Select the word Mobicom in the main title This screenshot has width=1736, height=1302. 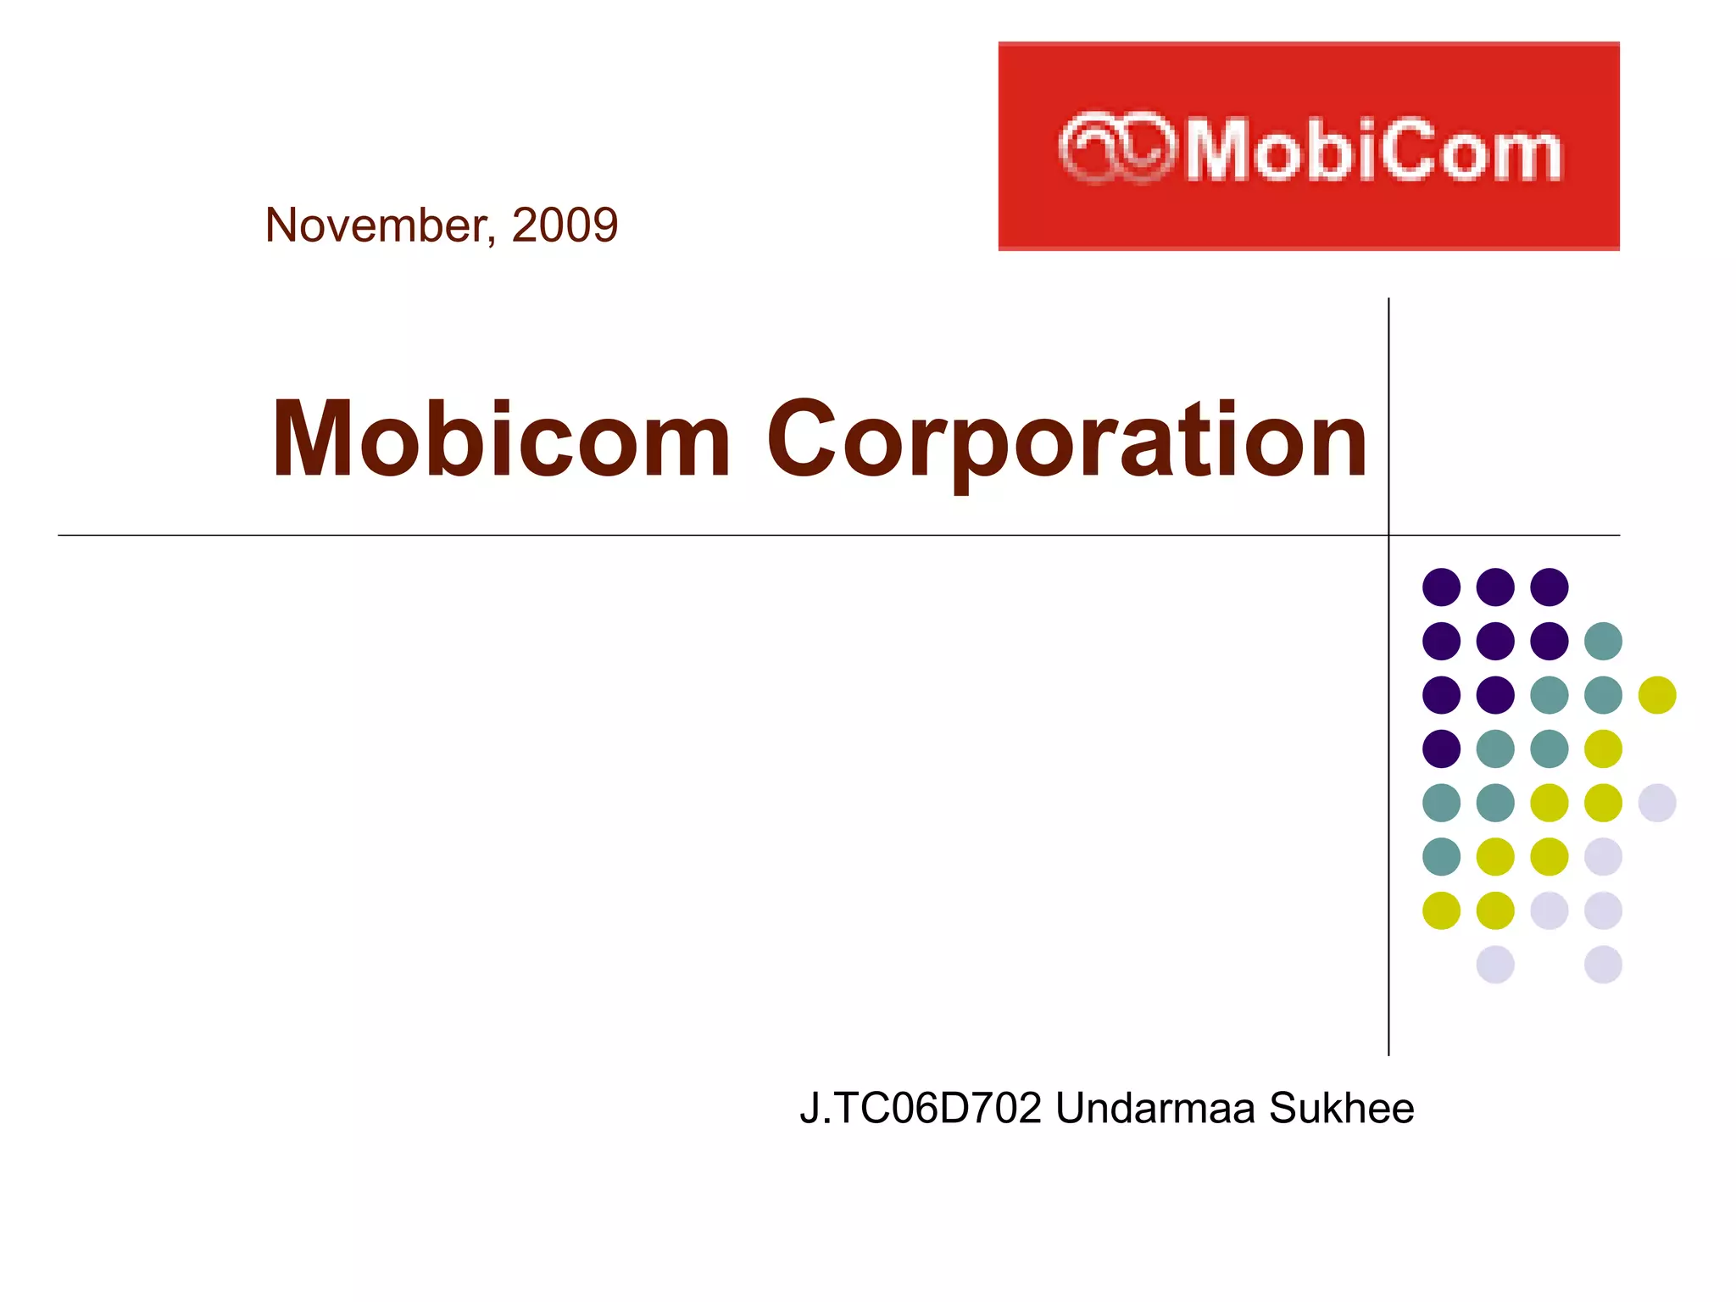(x=500, y=441)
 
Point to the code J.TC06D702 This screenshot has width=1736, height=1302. (x=920, y=1109)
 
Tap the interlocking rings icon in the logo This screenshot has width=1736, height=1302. (x=1117, y=147)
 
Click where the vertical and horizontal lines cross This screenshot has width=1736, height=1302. (x=1388, y=535)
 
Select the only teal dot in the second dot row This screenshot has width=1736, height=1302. (x=1603, y=641)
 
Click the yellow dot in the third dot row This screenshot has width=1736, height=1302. (x=1657, y=695)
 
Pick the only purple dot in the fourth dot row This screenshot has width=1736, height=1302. (x=1441, y=748)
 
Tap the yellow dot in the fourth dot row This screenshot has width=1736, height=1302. (x=1603, y=748)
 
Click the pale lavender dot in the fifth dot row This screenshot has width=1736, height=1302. (x=1657, y=803)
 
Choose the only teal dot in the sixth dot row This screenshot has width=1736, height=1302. (x=1441, y=856)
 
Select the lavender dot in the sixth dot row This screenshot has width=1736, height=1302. (x=1603, y=856)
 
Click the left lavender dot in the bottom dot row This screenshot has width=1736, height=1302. (x=1495, y=965)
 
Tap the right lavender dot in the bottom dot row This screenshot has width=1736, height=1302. (x=1603, y=965)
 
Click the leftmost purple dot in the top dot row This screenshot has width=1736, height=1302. (x=1441, y=587)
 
